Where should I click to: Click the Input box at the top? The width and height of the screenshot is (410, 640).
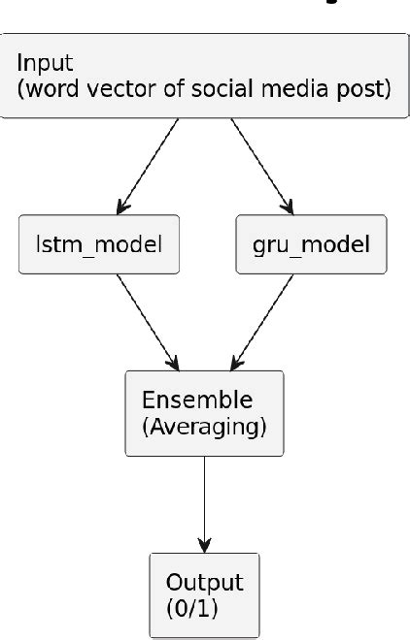click(204, 76)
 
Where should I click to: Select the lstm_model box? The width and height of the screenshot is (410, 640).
click(99, 243)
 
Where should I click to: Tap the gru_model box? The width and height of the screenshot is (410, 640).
click(311, 243)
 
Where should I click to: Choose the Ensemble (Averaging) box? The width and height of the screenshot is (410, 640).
click(204, 413)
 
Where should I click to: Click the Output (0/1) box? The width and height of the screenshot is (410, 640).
click(204, 595)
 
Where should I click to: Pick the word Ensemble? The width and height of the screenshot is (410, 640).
click(184, 400)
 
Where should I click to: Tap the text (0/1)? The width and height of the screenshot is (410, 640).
click(185, 608)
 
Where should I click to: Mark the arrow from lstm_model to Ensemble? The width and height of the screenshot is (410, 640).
click(146, 321)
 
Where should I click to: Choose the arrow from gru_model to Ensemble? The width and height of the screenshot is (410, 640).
click(262, 321)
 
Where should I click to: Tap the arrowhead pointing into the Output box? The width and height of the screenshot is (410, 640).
click(204, 544)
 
